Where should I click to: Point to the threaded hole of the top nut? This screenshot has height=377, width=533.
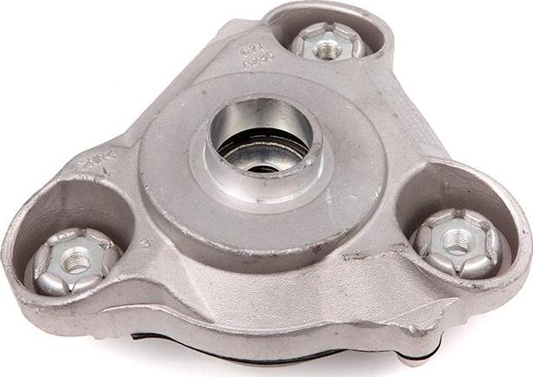pyautogui.click(x=327, y=49)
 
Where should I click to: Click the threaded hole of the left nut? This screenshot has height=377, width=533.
pyautogui.click(x=76, y=260)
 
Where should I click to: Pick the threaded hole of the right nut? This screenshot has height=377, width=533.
pyautogui.click(x=457, y=244)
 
